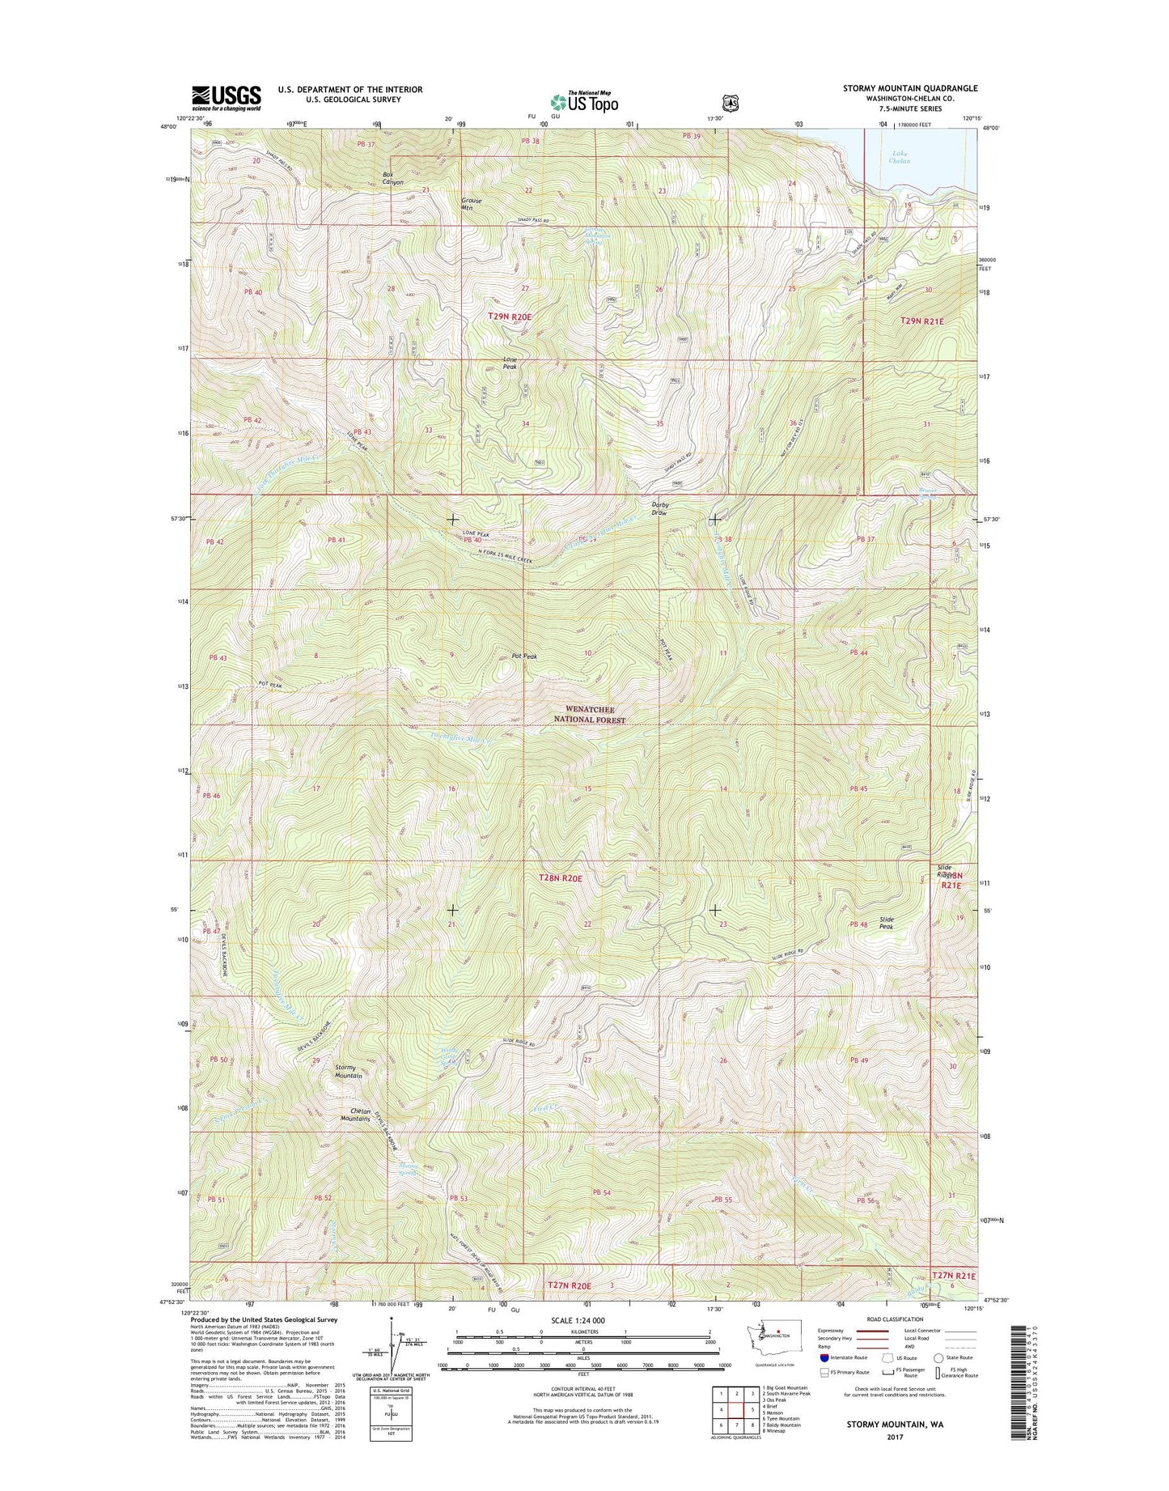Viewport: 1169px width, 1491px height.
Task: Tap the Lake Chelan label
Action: pyautogui.click(x=900, y=157)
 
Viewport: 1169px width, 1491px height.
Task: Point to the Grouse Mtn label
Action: pyautogui.click(x=471, y=204)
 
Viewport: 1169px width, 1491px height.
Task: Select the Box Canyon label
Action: pyautogui.click(x=392, y=179)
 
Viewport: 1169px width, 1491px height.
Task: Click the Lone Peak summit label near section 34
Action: pyautogui.click(x=510, y=363)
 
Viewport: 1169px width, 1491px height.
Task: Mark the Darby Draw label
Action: pyautogui.click(x=660, y=508)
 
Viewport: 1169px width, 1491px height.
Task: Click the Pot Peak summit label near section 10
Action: pyautogui.click(x=524, y=656)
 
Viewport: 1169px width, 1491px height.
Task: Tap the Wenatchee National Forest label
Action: pyautogui.click(x=589, y=715)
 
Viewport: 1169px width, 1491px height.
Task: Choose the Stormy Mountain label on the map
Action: pyautogui.click(x=349, y=1072)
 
